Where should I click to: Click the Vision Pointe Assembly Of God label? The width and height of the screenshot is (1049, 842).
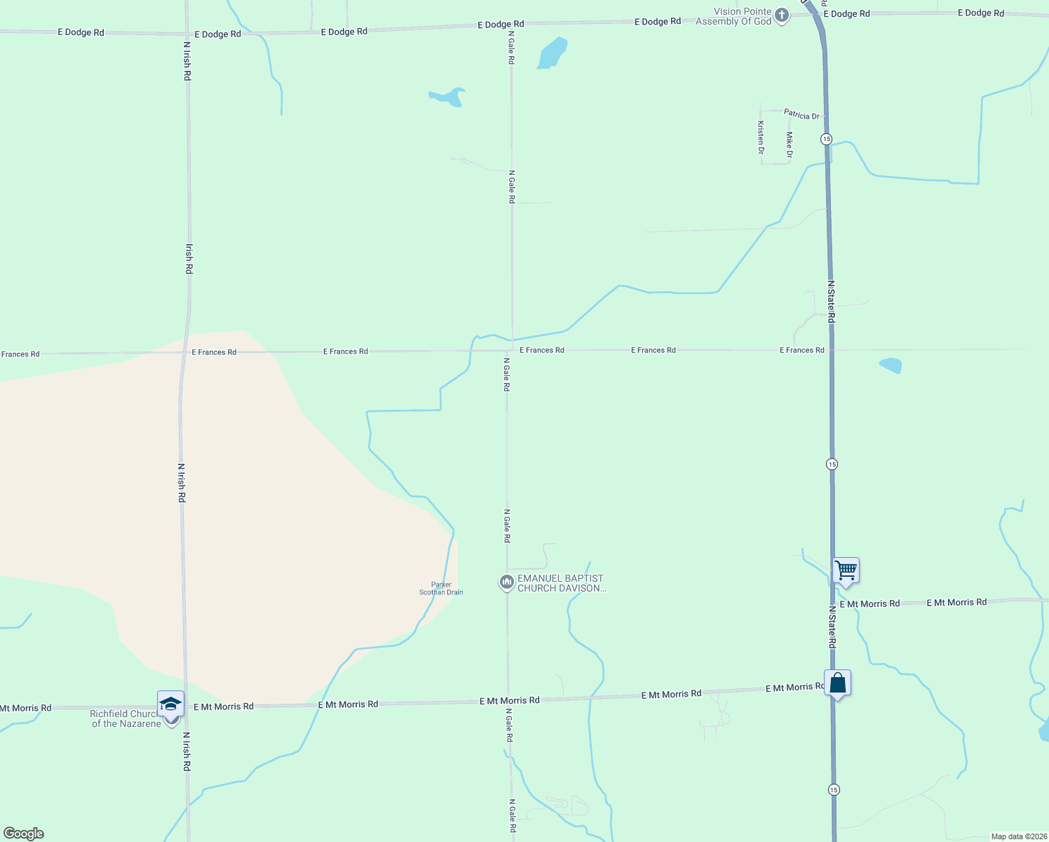[x=733, y=17]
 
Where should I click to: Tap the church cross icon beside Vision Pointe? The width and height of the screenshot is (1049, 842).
[x=782, y=15]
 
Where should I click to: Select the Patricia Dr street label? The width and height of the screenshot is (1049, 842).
[x=801, y=114]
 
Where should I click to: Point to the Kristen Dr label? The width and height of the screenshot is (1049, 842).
[x=761, y=137]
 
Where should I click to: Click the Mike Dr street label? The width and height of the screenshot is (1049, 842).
[x=790, y=145]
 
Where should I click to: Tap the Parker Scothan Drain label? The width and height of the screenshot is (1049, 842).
[x=441, y=589]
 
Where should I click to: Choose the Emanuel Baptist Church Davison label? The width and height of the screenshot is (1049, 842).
[x=560, y=583]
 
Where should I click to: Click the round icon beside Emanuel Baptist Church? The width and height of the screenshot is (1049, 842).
[x=506, y=582]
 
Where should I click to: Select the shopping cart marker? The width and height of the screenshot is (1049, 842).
[x=846, y=571]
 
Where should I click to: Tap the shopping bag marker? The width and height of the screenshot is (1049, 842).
[x=837, y=683]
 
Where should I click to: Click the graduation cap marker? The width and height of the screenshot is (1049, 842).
[x=170, y=704]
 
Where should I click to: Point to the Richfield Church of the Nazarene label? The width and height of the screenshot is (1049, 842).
[x=126, y=719]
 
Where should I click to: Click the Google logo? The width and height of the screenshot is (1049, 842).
[x=23, y=834]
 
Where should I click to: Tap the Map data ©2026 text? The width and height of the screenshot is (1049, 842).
[x=1018, y=836]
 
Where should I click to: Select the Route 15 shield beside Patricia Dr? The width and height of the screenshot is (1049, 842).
[x=827, y=139]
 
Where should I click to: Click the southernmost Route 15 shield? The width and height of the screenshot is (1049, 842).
[x=832, y=789]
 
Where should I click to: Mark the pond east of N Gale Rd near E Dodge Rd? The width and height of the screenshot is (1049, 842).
[x=552, y=54]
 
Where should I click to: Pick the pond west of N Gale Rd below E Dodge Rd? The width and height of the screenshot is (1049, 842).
[x=447, y=97]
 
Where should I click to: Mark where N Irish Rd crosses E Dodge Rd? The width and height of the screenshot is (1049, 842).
[x=187, y=33]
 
